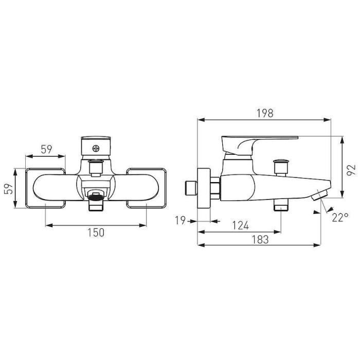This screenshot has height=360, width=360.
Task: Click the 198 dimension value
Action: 265,113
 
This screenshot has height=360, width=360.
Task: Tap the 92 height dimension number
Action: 351,170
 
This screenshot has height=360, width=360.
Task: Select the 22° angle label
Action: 340,217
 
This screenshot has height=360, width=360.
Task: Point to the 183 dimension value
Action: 260,240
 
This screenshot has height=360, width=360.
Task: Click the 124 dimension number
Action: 240,225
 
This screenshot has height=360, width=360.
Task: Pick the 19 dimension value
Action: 180,221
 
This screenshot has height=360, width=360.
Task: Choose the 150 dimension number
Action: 96,232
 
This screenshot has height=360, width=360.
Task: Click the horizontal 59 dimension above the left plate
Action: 47,150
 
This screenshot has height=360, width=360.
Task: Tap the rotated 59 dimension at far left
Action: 9,189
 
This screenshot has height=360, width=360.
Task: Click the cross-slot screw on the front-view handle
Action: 96,149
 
